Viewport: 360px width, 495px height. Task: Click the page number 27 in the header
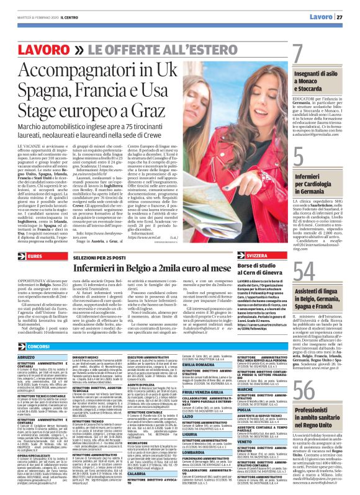coord(348,16)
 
